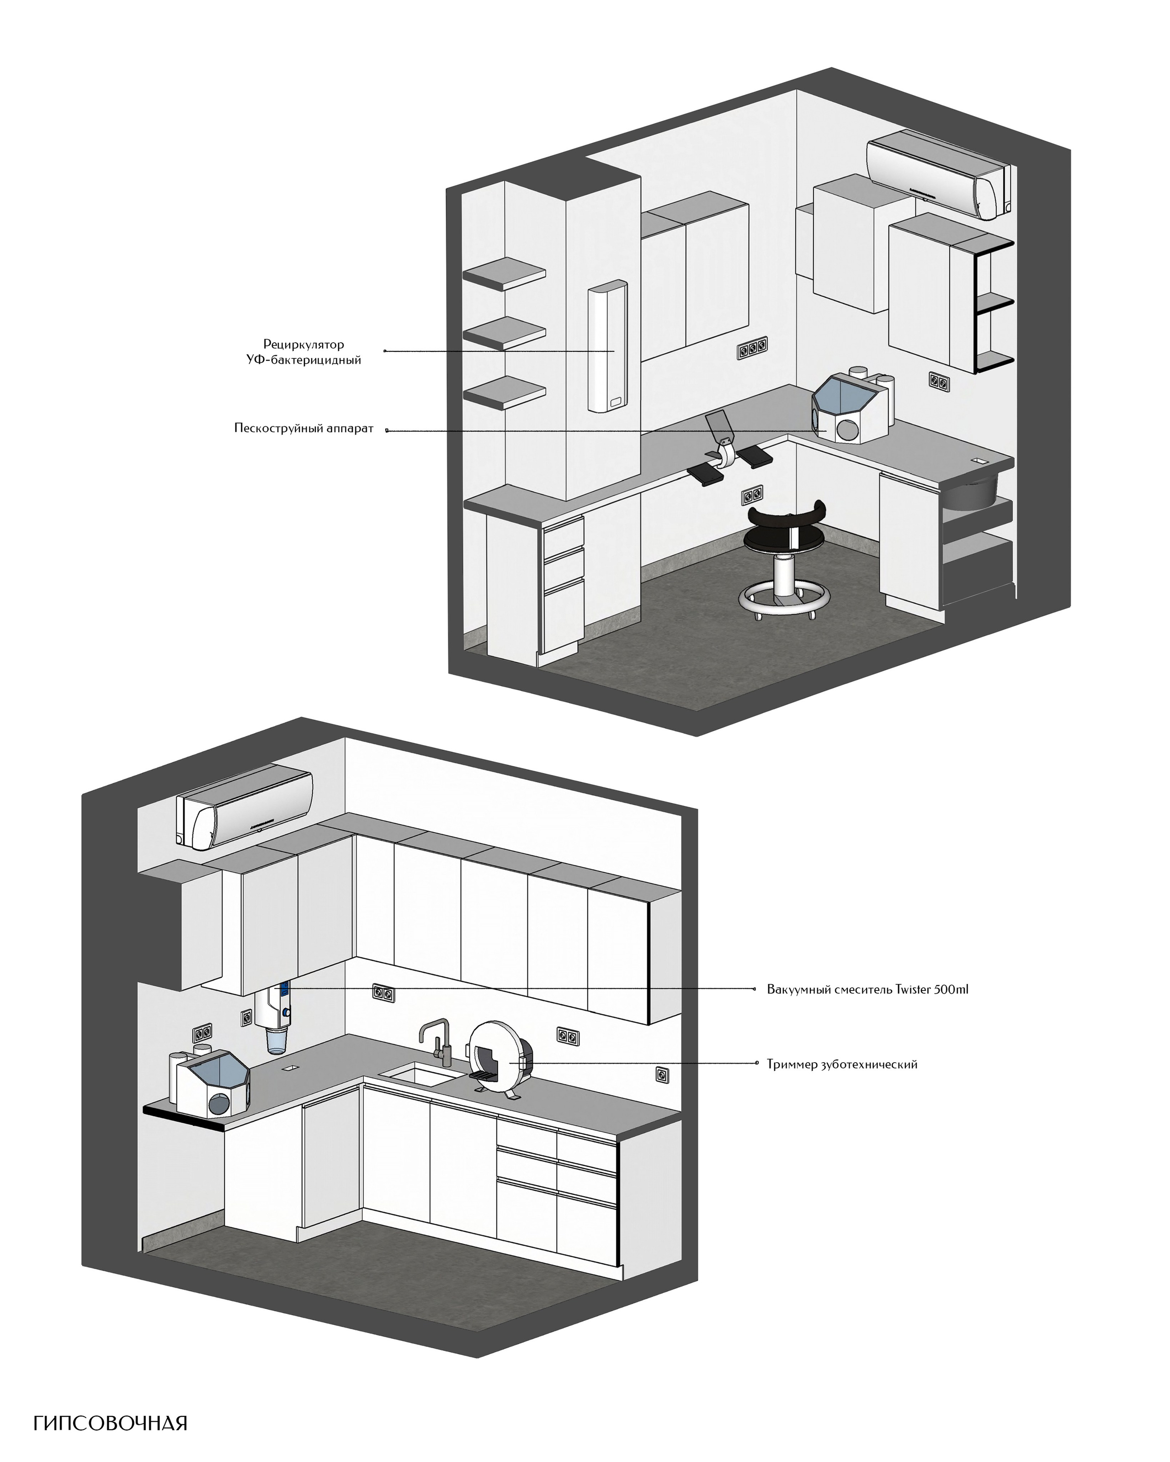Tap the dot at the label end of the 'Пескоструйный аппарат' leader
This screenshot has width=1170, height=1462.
coord(388,429)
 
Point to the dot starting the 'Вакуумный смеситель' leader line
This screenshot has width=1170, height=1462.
coord(756,989)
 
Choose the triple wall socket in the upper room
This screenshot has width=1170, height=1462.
coord(753,349)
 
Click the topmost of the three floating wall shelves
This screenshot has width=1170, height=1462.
coord(505,273)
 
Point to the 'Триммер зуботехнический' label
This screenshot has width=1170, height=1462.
coord(842,1065)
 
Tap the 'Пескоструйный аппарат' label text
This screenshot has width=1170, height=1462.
coord(304,429)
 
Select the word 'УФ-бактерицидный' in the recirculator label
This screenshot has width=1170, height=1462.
coord(304,360)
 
